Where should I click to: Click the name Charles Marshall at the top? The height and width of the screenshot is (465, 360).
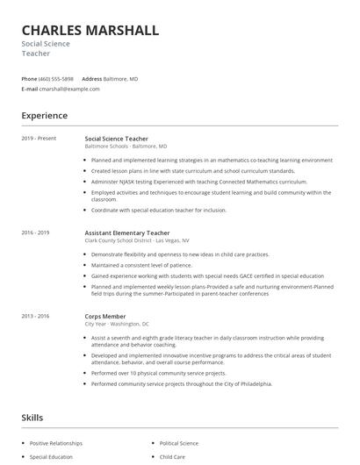(x=90, y=31)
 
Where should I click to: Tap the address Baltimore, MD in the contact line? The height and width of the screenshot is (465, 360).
(x=120, y=78)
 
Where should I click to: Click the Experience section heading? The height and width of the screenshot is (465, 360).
(x=45, y=116)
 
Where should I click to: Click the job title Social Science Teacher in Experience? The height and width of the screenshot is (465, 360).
(x=116, y=139)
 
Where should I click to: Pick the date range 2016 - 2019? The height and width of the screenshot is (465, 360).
(x=36, y=232)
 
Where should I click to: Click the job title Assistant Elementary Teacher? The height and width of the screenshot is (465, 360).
(x=126, y=232)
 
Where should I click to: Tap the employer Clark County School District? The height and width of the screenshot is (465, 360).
(x=136, y=240)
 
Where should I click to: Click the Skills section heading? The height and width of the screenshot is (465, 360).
(x=32, y=418)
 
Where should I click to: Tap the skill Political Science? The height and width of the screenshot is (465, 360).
(x=180, y=443)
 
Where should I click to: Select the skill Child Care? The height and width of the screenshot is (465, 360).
(x=172, y=457)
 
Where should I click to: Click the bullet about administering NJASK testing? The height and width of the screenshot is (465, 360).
(x=193, y=182)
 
